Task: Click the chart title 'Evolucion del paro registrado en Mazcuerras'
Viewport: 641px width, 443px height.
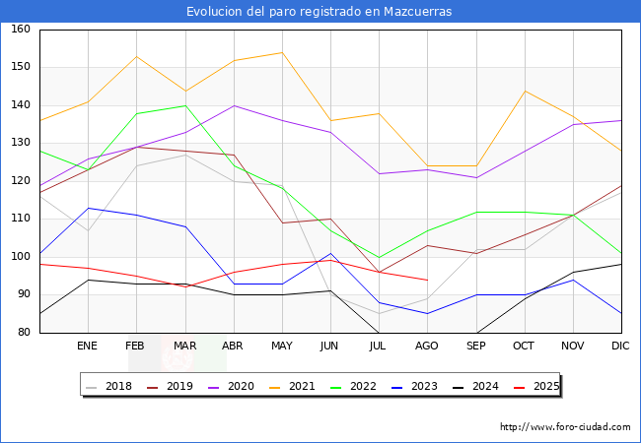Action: pos(320,12)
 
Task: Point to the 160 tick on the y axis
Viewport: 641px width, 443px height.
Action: pos(20,30)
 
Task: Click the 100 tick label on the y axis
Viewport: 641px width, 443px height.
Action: pos(20,257)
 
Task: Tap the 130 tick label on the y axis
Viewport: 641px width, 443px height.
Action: pos(20,144)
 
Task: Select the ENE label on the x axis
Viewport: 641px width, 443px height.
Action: pos(88,347)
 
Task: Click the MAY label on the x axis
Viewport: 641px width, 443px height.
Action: pos(282,347)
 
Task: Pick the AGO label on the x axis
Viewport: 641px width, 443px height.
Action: pos(427,347)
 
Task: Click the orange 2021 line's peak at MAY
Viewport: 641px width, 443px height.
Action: pos(282,53)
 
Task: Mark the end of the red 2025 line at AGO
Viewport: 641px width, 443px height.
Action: pos(427,280)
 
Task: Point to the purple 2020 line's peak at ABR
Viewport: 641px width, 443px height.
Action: pos(234,105)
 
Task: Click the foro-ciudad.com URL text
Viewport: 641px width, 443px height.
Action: pos(565,427)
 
